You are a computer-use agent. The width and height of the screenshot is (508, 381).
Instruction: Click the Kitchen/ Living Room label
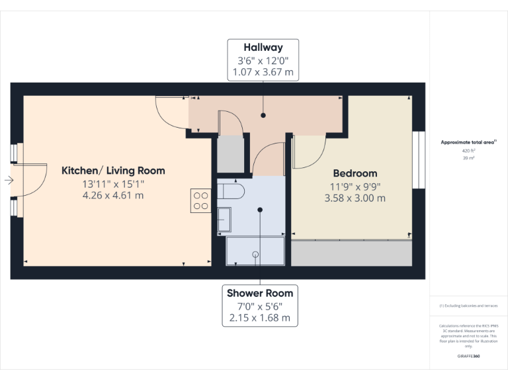click(x=113, y=171)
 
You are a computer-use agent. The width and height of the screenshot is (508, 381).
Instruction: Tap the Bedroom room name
click(x=355, y=173)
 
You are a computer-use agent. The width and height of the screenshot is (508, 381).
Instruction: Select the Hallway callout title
click(x=263, y=48)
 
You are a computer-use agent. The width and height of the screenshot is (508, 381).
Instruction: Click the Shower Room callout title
click(x=259, y=293)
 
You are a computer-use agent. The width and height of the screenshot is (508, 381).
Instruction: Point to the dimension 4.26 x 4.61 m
click(x=113, y=195)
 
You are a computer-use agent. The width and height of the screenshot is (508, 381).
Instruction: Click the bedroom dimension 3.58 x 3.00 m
click(x=355, y=198)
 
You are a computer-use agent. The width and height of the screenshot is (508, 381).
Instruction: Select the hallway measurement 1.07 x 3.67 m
click(x=263, y=72)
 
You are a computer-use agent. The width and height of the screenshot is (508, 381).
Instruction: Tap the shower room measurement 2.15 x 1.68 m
click(x=259, y=317)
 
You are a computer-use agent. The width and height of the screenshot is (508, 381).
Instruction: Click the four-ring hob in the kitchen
click(x=200, y=200)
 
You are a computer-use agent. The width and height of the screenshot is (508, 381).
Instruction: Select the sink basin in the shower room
click(x=224, y=219)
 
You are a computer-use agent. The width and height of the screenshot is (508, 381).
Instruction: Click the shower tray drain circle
click(x=255, y=253)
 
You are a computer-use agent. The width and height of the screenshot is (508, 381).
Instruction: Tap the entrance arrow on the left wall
click(x=7, y=180)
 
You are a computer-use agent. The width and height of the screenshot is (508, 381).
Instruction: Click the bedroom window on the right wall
click(x=418, y=160)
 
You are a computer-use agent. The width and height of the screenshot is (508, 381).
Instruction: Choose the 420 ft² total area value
click(x=469, y=151)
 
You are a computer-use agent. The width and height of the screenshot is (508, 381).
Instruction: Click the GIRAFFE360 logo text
click(x=468, y=357)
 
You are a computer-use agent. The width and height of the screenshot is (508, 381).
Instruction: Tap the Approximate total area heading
click(x=468, y=142)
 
